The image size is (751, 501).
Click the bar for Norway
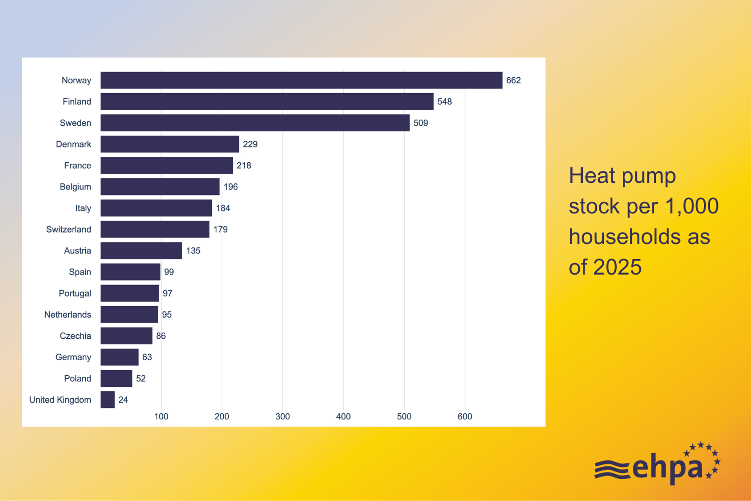coord(301,80)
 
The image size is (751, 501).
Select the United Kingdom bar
coord(108,400)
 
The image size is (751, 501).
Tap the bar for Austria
coord(141,250)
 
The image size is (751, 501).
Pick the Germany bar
coord(119,357)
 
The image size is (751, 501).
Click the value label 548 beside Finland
coord(445,102)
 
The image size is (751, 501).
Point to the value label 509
coord(421,123)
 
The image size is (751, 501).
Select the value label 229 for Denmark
coord(250,144)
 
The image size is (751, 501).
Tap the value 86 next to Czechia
coord(161,336)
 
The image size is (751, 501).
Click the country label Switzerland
coord(69,229)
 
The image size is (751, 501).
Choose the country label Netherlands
coord(68,315)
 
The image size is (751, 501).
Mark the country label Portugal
coord(75,294)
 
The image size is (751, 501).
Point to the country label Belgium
coord(76,187)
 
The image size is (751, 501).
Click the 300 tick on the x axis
coord(283,416)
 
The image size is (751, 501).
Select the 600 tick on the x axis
coord(465,416)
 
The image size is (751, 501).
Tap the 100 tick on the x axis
coord(161,416)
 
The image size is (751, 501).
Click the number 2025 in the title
coord(617,267)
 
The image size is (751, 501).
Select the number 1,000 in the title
coord(692,206)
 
